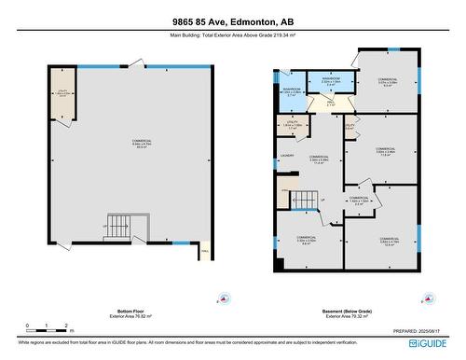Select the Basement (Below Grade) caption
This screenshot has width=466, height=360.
[x=345, y=311]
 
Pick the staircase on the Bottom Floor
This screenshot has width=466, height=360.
[x=119, y=226]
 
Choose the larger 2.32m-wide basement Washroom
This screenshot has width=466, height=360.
[x=331, y=81]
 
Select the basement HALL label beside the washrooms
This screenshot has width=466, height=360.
[x=318, y=104]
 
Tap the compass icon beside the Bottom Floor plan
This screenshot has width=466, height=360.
[x=218, y=299]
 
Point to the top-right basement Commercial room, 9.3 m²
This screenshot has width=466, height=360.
[x=386, y=81]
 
